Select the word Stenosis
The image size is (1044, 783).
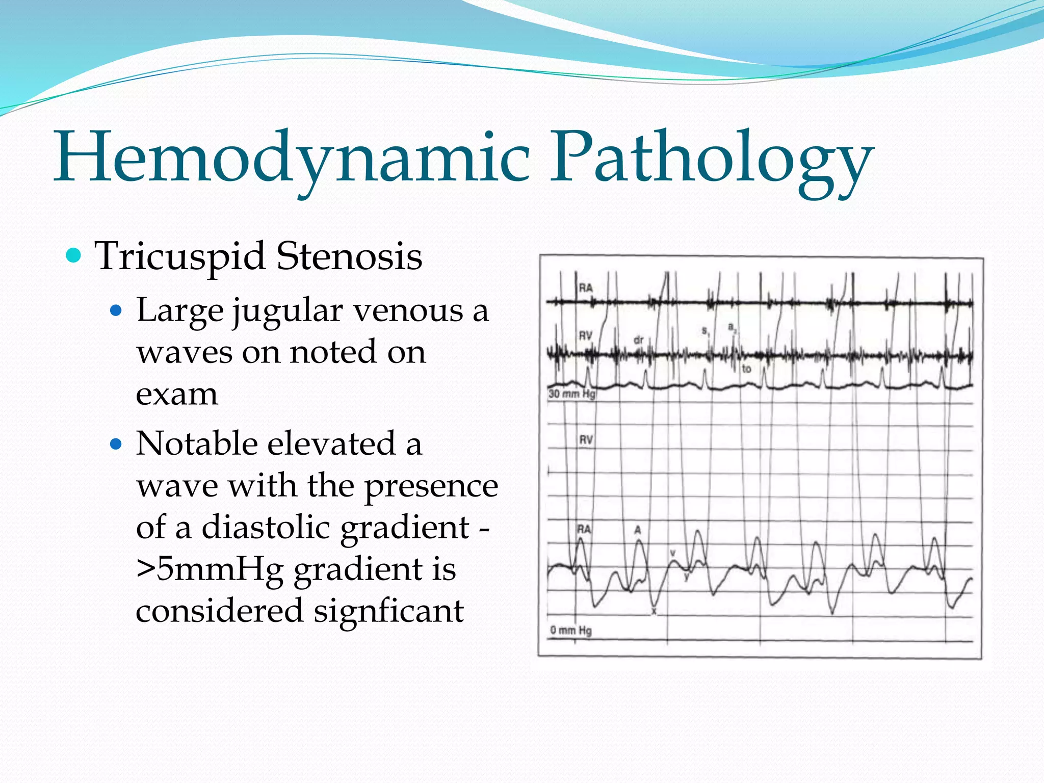click(349, 256)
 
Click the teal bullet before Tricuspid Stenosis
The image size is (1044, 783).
click(74, 255)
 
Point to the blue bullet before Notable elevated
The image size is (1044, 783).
click(117, 444)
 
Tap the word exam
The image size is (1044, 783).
click(176, 394)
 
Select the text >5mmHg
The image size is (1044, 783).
click(210, 569)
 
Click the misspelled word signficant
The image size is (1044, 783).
click(388, 611)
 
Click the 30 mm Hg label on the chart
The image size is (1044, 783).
click(571, 394)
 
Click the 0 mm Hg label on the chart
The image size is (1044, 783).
click(571, 631)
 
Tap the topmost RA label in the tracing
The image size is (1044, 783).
click(586, 288)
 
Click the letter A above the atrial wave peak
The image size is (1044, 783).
click(637, 530)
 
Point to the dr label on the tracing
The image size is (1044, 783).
click(639, 340)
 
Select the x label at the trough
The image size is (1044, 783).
click(655, 611)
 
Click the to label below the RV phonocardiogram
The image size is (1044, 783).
click(746, 369)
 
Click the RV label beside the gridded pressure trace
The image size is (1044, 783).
click(586, 439)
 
